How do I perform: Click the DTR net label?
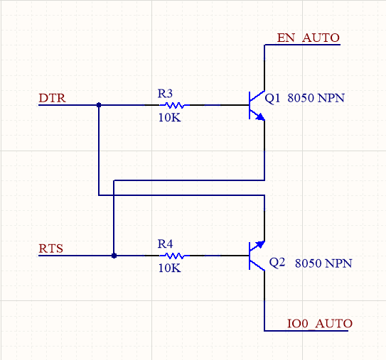coord(52,98)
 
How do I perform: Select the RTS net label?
coord(51,249)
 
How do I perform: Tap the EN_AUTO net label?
coord(309,38)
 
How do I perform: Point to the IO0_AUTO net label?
coord(320,323)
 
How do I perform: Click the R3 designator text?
coord(165,94)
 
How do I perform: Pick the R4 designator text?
coord(165,244)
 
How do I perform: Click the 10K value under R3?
coord(169,118)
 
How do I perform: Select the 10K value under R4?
coord(169,268)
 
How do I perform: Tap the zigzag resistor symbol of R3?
coord(175,105)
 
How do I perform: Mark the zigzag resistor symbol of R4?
coord(175,256)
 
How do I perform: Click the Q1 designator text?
coord(272,98)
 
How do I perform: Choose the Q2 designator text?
coord(277,263)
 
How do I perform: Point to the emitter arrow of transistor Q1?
coord(260,116)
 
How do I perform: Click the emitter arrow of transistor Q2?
coord(260,244)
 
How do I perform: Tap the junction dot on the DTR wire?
coord(99,105)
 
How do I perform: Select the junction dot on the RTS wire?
coord(114,256)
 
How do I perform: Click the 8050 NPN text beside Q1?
coord(316,98)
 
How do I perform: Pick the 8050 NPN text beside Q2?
coord(323,263)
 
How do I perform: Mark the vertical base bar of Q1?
coord(250,105)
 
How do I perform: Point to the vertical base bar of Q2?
coord(250,256)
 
